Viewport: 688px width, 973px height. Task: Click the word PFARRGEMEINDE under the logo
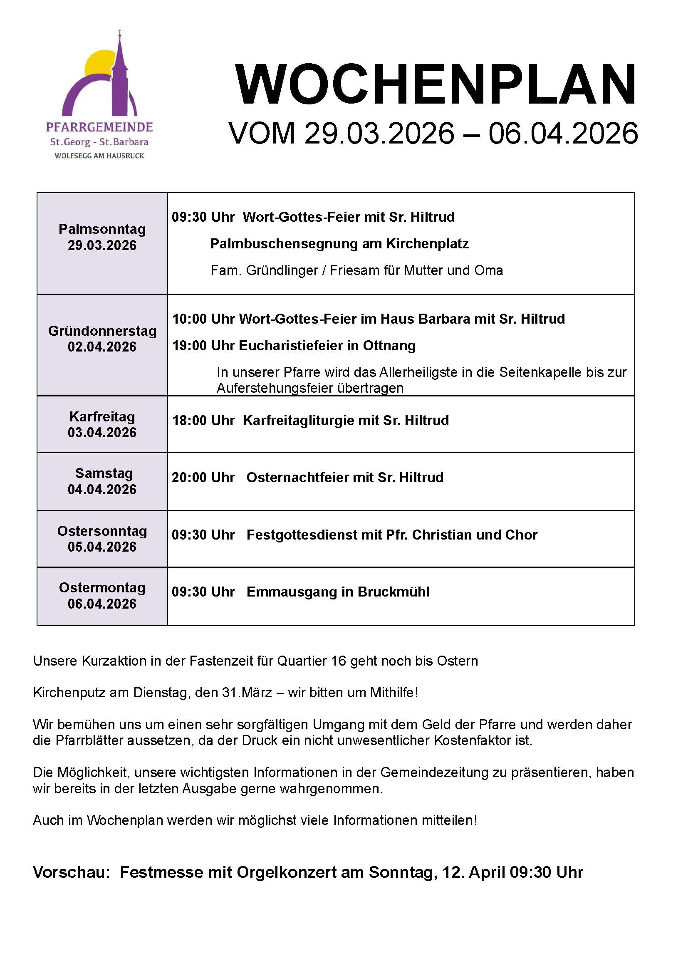coord(99,127)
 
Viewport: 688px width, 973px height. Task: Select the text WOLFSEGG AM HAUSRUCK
coord(99,156)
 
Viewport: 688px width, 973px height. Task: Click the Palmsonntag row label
coord(102,229)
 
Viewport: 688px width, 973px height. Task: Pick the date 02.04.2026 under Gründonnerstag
coord(102,347)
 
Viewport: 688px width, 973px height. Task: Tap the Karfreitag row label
coord(102,416)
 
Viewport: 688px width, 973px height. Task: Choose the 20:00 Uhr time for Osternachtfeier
coord(203,478)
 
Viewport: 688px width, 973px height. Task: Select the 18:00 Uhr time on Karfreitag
coord(203,421)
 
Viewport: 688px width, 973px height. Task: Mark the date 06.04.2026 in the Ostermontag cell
coord(102,604)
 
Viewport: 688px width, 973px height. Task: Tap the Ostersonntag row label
coord(102,531)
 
